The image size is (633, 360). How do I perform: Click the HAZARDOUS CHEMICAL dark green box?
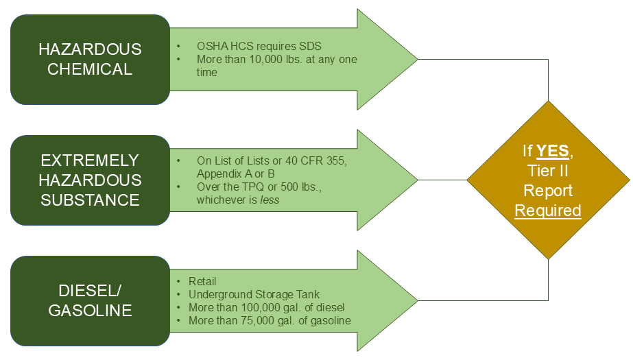click(x=90, y=60)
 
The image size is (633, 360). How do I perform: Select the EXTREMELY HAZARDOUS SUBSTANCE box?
click(x=90, y=180)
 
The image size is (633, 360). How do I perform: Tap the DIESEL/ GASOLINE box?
click(x=90, y=300)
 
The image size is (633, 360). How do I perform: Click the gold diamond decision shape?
click(x=548, y=180)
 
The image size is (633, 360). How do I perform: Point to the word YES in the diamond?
click(x=552, y=151)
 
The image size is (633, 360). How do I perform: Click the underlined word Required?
click(x=548, y=211)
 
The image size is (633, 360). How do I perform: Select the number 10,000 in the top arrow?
click(x=266, y=60)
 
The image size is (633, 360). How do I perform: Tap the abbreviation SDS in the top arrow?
click(x=311, y=46)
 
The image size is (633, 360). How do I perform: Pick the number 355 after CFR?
click(x=335, y=160)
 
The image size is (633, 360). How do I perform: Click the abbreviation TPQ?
click(x=252, y=187)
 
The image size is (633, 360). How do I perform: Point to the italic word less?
click(x=270, y=200)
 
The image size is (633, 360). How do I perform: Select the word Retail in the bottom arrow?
click(x=202, y=281)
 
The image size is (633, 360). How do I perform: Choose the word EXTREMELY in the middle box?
click(x=90, y=160)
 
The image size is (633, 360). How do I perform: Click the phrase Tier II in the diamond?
click(x=548, y=171)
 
